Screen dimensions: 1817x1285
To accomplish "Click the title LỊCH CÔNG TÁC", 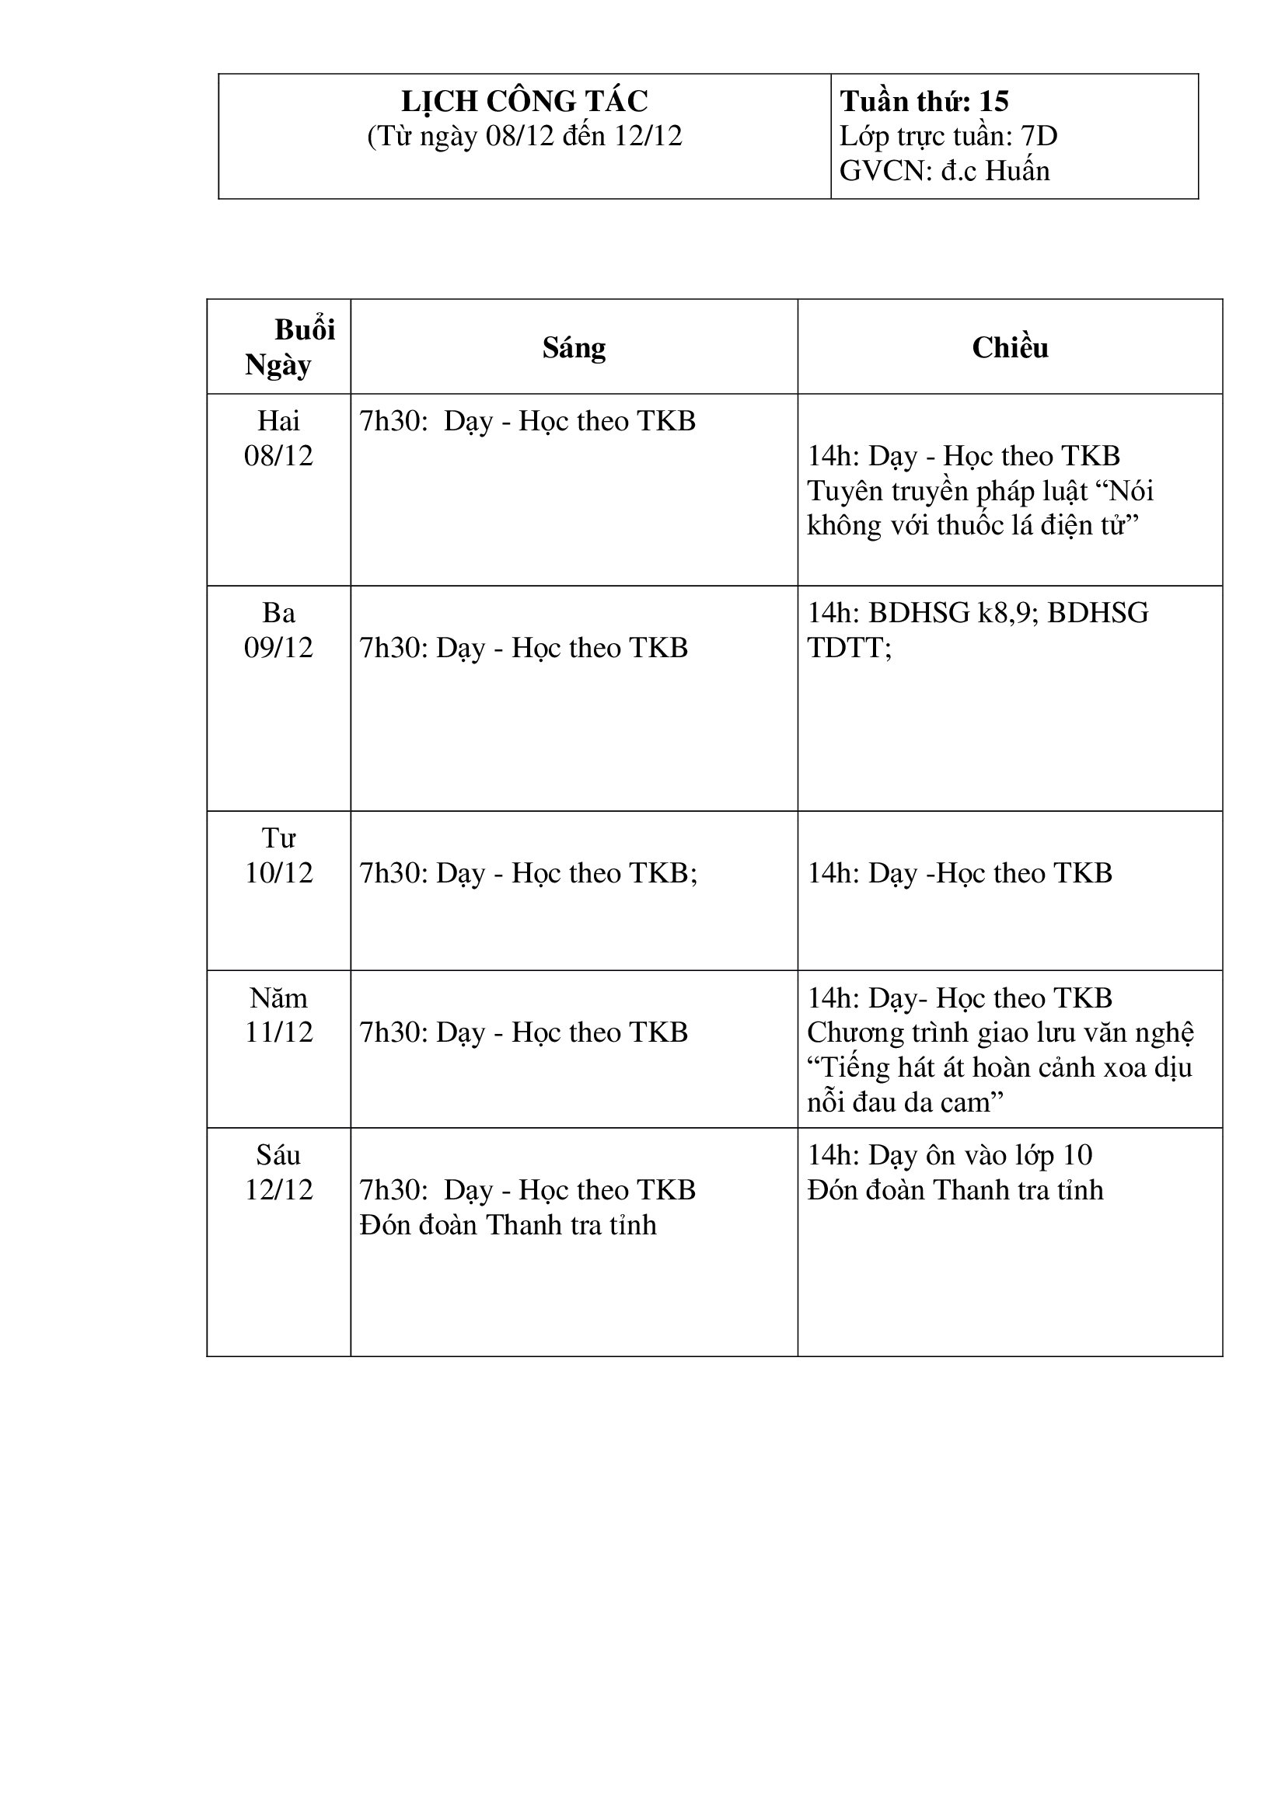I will (524, 101).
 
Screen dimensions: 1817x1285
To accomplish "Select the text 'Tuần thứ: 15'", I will (924, 101).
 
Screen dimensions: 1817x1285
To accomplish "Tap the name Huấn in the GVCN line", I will (1017, 171).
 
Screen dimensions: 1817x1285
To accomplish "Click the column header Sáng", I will (574, 347).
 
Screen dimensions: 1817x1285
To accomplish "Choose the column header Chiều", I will (1010, 347).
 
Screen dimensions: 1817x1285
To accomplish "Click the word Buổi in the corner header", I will (305, 329).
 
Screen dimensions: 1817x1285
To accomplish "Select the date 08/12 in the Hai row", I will (279, 456).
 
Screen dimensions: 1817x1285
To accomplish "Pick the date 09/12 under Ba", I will (279, 647).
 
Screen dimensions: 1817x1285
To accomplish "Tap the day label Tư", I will (279, 837).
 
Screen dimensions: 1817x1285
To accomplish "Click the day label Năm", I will (279, 998).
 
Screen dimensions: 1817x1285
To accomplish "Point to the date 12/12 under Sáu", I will (279, 1189).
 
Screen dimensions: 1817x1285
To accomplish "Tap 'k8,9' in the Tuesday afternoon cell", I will (1005, 612).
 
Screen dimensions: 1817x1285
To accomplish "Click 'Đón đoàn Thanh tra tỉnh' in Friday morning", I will (508, 1225).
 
